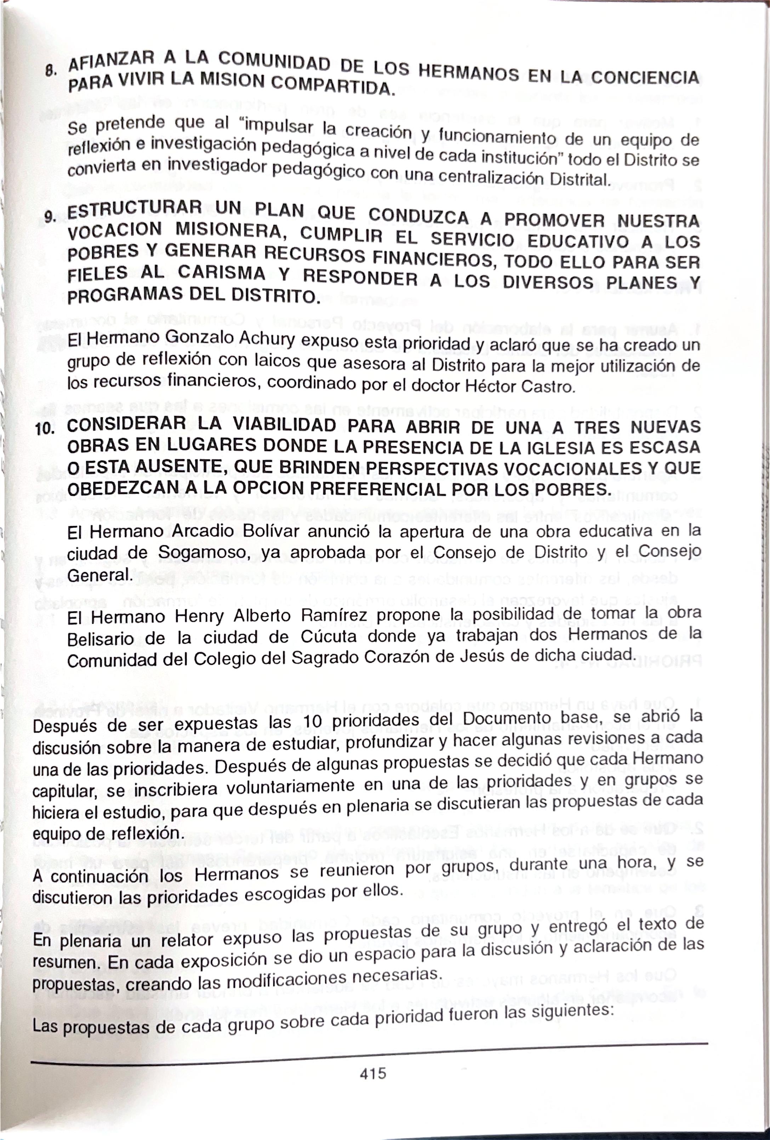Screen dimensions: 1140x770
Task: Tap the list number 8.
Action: point(49,71)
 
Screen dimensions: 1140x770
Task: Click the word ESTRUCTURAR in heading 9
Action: point(135,210)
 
